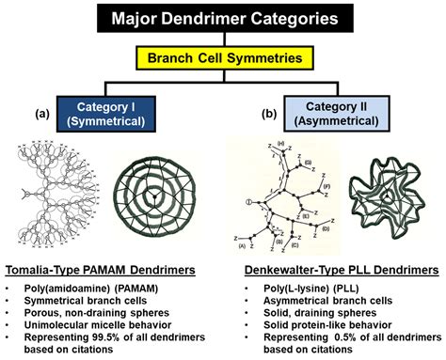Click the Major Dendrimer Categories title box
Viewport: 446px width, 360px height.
pyautogui.click(x=222, y=18)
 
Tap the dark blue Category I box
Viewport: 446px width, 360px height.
pyautogui.click(x=111, y=111)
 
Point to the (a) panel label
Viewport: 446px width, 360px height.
pyautogui.click(x=42, y=113)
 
